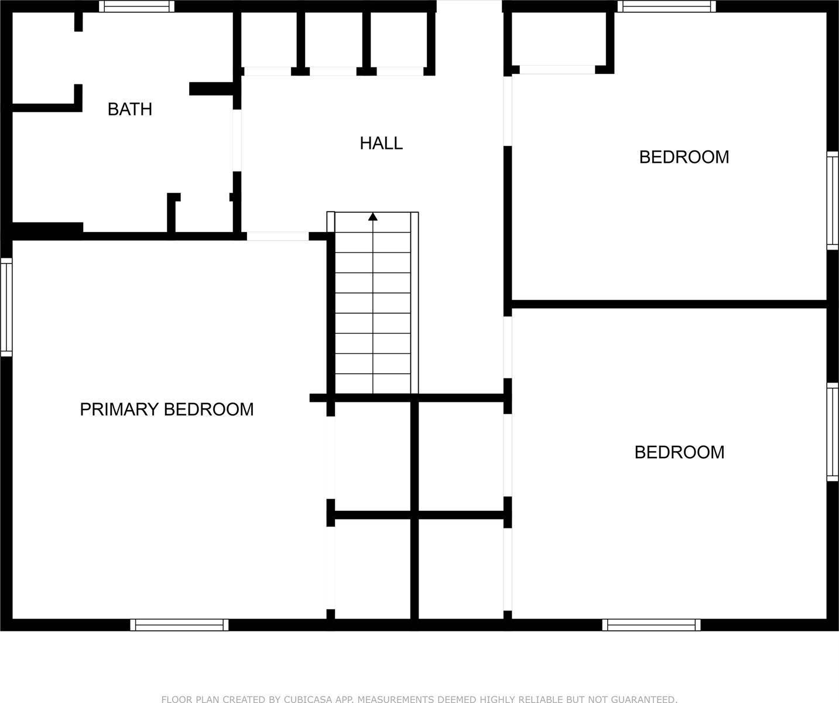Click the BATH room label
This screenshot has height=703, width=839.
click(130, 110)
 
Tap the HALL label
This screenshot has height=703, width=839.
click(381, 144)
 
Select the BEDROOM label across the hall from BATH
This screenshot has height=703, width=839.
click(684, 157)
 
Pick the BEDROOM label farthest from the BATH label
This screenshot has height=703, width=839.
click(679, 452)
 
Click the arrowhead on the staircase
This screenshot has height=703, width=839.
click(373, 217)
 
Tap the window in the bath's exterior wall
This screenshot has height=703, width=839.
click(136, 6)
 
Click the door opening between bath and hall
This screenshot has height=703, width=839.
click(237, 141)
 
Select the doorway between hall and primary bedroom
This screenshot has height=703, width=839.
click(278, 236)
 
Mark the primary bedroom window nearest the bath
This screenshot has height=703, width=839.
click(6, 307)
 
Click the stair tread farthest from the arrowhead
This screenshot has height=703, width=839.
click(373, 384)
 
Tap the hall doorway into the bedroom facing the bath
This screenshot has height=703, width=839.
click(508, 111)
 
